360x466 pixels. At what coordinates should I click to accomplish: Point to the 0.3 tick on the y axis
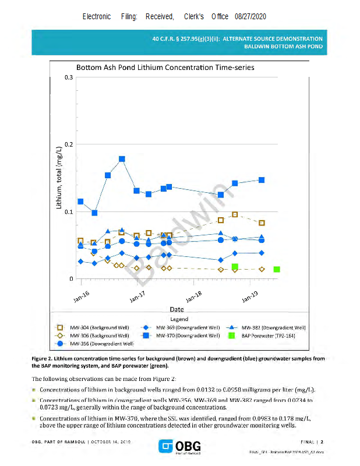(69, 77)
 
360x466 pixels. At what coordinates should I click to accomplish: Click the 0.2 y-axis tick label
(69, 144)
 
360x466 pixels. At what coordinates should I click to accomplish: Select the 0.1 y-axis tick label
(69, 211)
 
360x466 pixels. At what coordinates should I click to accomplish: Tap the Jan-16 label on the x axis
(82, 296)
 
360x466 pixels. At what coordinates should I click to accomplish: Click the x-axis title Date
(177, 309)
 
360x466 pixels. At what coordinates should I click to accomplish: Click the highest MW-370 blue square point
(122, 158)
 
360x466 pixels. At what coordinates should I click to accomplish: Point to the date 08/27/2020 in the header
(250, 17)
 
